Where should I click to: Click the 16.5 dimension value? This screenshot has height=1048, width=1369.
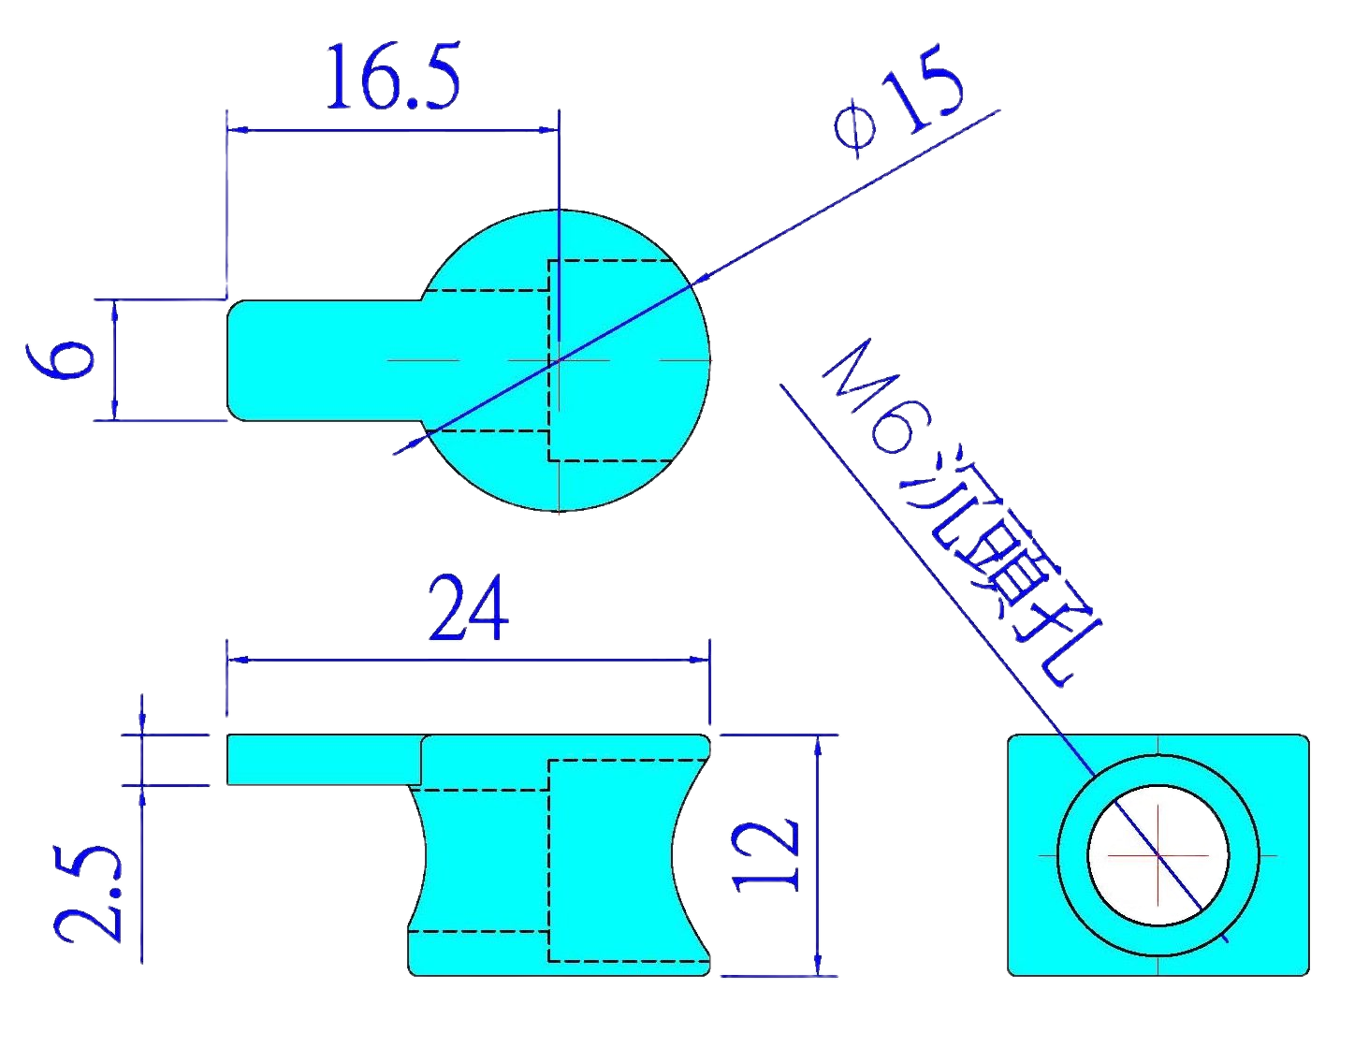(x=393, y=77)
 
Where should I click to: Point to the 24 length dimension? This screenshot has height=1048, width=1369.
(x=468, y=609)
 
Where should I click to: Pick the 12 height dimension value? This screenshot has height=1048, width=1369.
(x=768, y=855)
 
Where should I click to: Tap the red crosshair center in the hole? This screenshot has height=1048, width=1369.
(x=1160, y=855)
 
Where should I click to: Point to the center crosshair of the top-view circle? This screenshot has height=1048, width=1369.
(x=558, y=360)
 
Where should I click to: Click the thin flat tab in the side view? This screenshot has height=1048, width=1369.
(x=323, y=760)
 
